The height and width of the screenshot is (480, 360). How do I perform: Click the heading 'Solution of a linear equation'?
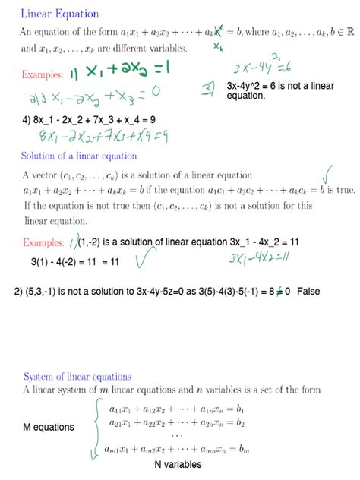click(x=79, y=156)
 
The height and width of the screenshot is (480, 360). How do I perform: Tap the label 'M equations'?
click(x=49, y=427)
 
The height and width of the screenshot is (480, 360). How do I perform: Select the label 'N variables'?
click(x=178, y=464)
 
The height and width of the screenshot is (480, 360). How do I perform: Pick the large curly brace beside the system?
click(x=96, y=429)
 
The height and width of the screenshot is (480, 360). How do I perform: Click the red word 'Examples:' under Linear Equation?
click(x=46, y=74)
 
